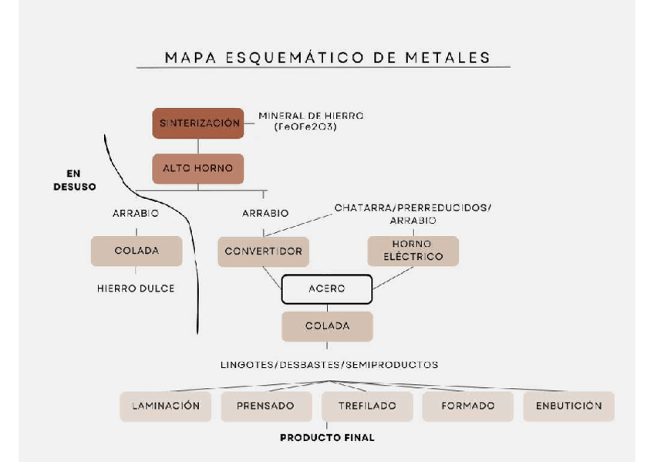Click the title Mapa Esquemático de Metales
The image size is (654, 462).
(x=327, y=57)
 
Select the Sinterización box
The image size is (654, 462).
(x=198, y=123)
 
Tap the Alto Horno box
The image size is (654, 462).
(x=198, y=168)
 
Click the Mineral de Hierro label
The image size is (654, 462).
(x=310, y=120)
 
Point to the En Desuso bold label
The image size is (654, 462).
(x=74, y=180)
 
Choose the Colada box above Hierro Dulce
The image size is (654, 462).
(x=137, y=251)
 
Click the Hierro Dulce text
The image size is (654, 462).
(x=136, y=288)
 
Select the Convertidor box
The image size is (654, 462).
(x=264, y=251)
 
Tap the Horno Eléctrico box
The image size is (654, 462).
(x=413, y=251)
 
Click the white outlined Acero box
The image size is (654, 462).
(x=326, y=288)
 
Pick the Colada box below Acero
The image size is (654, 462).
(x=327, y=325)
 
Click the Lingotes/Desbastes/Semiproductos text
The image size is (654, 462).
(x=329, y=365)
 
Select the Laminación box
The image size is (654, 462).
(x=165, y=406)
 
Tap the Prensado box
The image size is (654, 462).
(x=266, y=406)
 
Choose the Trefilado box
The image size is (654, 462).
(x=367, y=406)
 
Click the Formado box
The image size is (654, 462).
(x=468, y=406)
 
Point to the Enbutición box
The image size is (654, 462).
(x=568, y=406)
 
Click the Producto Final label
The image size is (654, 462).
(x=327, y=437)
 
